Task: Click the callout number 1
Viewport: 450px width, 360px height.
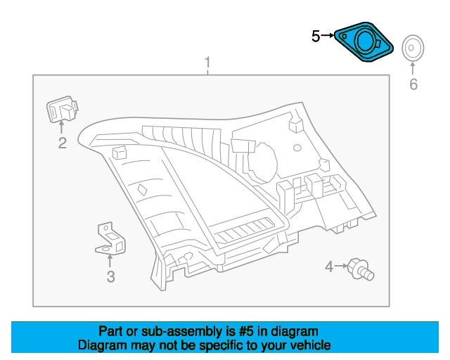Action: (x=207, y=63)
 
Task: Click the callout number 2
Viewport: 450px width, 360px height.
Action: (x=63, y=143)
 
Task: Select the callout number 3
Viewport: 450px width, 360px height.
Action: (x=111, y=277)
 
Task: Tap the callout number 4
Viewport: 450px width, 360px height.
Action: (x=329, y=266)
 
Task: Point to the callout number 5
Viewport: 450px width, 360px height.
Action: (x=316, y=37)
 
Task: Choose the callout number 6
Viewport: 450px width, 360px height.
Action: (x=413, y=84)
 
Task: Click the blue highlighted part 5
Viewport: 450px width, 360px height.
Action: (x=364, y=42)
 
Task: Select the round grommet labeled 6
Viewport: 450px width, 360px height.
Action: (x=413, y=48)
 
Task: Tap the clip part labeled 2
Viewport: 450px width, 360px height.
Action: (x=62, y=109)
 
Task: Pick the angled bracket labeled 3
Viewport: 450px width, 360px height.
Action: (x=110, y=239)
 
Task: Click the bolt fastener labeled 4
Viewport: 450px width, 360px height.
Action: (x=361, y=269)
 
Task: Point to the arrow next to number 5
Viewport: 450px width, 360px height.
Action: (x=328, y=36)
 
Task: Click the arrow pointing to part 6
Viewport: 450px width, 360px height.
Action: (x=413, y=69)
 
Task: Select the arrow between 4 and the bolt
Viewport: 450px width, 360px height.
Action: (x=341, y=266)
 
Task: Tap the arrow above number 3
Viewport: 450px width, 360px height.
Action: (x=110, y=261)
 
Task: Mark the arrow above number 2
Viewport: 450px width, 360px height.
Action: (x=61, y=127)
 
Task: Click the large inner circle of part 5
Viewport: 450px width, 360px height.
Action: (x=364, y=41)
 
